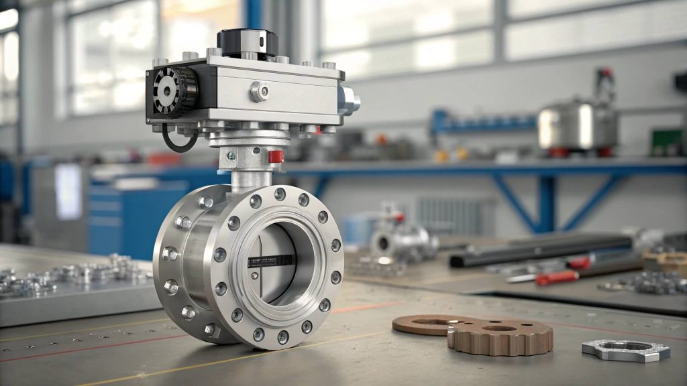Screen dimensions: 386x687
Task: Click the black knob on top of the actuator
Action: (248, 42)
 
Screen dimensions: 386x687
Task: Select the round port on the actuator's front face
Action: (260, 91)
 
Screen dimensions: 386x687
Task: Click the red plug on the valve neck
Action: (276, 156)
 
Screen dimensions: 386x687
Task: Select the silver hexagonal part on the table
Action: (617, 349)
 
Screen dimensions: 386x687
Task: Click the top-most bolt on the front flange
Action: (279, 194)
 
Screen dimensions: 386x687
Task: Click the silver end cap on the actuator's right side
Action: (351, 101)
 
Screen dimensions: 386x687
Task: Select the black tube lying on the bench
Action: (537, 249)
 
